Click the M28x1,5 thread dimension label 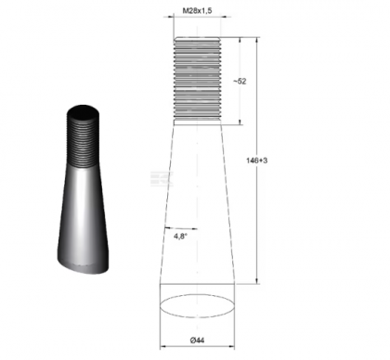click(x=196, y=10)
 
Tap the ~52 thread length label click(x=241, y=82)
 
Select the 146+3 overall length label click(x=269, y=160)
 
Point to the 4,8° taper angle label click(x=182, y=237)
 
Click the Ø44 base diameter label click(x=197, y=342)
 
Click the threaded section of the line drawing click(x=196, y=80)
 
